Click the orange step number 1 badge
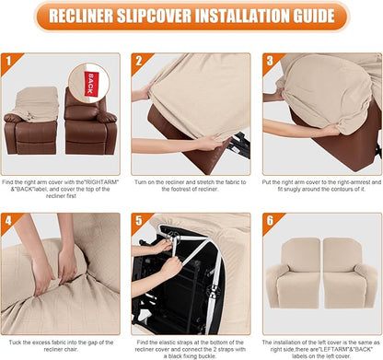coord(9,62)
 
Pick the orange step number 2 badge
coord(137,62)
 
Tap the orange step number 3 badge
coord(269,62)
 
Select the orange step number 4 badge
coord(9,221)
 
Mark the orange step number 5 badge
coord(137,221)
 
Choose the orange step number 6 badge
coord(269,221)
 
